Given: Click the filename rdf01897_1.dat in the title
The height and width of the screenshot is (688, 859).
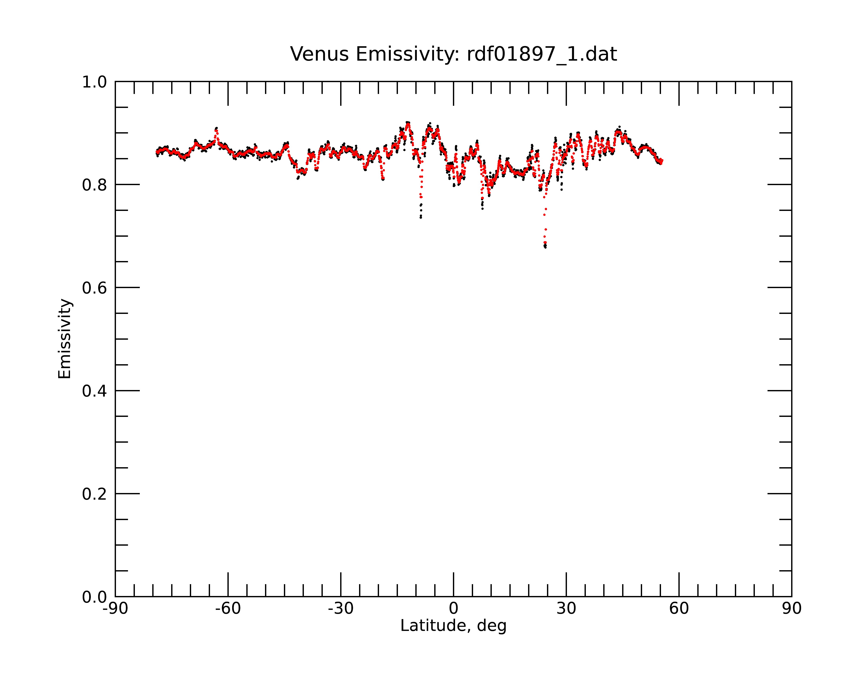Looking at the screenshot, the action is click(542, 54).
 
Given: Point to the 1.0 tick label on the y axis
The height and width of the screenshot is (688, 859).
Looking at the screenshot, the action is click(94, 82).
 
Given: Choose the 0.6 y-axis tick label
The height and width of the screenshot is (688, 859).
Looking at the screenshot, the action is click(94, 288).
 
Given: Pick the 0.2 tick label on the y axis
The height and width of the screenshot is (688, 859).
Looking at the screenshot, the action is click(94, 494).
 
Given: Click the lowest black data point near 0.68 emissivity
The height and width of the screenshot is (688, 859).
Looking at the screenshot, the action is click(545, 247).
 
